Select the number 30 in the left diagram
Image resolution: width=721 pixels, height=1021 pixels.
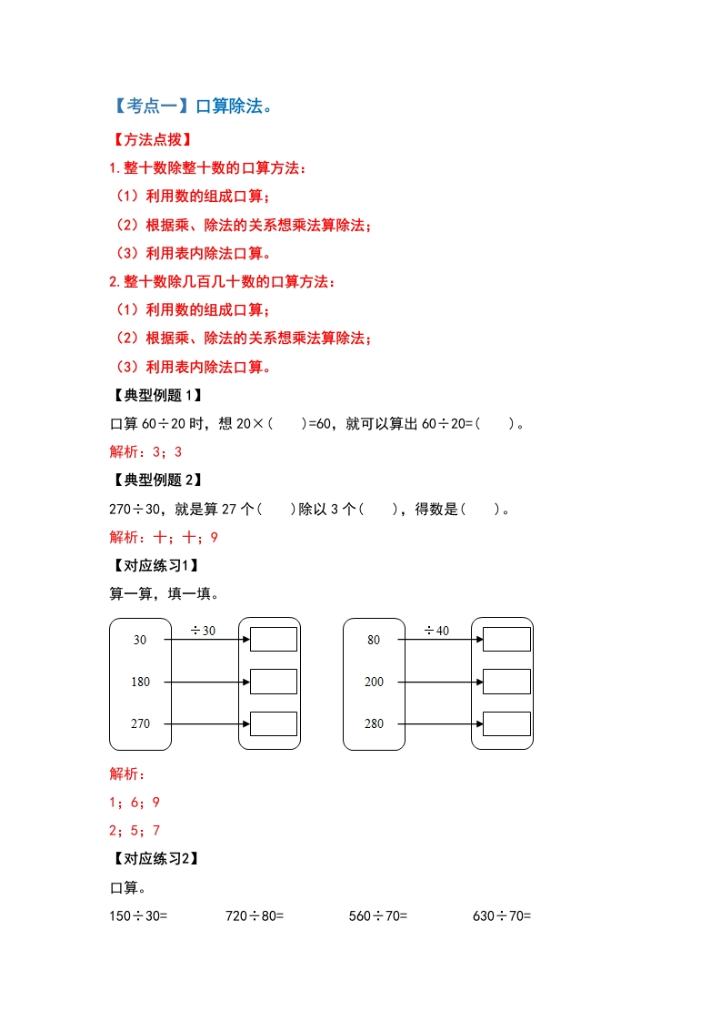(x=140, y=640)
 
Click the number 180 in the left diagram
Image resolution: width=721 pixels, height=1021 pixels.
(x=140, y=682)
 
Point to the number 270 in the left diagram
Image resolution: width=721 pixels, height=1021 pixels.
(x=140, y=723)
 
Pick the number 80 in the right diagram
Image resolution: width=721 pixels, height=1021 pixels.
(x=374, y=640)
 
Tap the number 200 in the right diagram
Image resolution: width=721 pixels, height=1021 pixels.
(x=374, y=682)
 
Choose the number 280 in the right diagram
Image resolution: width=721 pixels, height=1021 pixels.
(x=374, y=723)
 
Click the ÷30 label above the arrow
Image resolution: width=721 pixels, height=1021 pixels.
(x=203, y=631)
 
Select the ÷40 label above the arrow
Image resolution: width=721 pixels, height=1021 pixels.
(x=436, y=631)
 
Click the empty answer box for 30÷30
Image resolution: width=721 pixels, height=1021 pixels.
(x=274, y=640)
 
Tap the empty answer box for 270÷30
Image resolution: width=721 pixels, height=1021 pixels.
(x=274, y=723)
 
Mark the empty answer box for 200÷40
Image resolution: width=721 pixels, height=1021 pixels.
(x=506, y=682)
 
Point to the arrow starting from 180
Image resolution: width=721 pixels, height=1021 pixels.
(x=206, y=682)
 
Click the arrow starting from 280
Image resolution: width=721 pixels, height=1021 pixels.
(x=440, y=723)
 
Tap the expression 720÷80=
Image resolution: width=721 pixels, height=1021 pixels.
(x=255, y=916)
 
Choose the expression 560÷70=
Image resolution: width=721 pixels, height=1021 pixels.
(x=378, y=916)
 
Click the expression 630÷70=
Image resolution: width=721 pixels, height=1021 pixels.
(x=502, y=916)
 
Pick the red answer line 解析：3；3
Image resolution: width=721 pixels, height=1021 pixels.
(x=145, y=451)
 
